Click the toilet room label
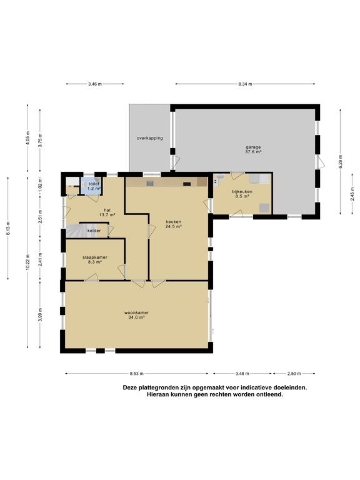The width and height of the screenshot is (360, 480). (94, 186)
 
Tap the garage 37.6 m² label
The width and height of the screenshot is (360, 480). (253, 149)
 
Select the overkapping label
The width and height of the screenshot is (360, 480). (150, 138)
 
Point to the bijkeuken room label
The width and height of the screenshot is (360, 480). (242, 194)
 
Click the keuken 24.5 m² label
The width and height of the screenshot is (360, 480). (174, 224)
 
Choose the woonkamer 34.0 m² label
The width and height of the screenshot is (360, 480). (136, 315)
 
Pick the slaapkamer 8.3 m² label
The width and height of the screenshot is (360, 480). (95, 259)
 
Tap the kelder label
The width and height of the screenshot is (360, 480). (94, 231)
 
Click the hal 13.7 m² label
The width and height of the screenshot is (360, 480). (107, 212)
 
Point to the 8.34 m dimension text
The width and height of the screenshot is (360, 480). (245, 84)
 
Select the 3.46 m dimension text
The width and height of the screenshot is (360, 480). (95, 84)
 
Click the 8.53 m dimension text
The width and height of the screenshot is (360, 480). (136, 374)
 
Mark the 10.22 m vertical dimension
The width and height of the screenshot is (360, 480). (27, 262)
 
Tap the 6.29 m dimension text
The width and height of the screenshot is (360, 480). (341, 162)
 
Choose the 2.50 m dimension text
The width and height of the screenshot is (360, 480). (294, 374)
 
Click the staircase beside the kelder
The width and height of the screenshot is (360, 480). (73, 231)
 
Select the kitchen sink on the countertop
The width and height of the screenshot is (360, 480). (150, 183)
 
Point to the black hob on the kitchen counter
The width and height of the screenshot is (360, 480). (187, 184)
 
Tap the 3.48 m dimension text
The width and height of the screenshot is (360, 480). (242, 374)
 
